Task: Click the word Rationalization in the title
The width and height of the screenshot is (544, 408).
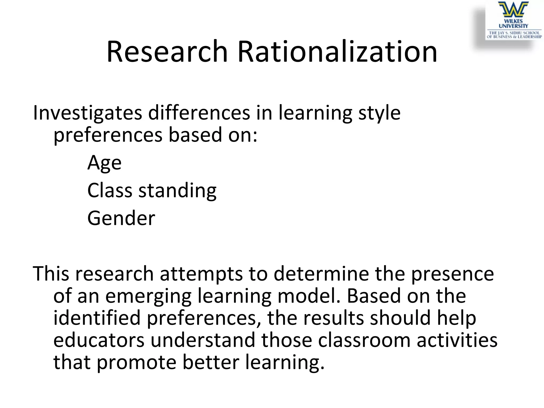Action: pos(337,52)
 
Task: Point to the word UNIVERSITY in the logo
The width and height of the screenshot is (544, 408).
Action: pos(513,26)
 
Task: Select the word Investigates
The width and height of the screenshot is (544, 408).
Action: pos(87,113)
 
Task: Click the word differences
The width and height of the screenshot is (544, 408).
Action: pos(199,113)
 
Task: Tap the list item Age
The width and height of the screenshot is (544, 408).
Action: pos(104,163)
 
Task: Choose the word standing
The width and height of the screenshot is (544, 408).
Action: pos(177,191)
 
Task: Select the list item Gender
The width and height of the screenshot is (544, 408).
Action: pos(121,218)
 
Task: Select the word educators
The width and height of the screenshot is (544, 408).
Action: pos(99,340)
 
